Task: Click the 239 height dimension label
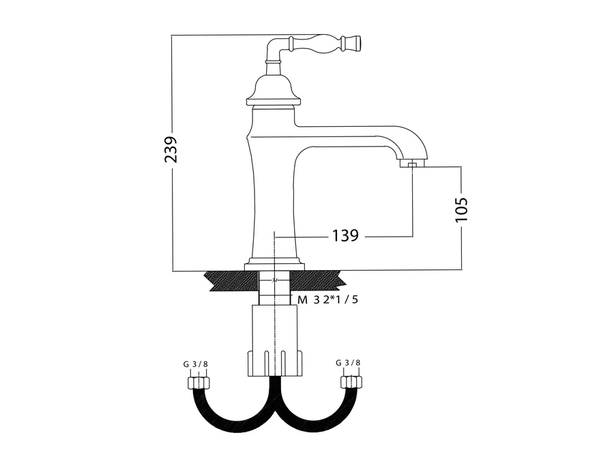click(171, 149)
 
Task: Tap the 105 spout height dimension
click(462, 209)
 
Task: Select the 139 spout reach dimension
click(345, 236)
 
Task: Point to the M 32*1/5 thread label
click(327, 300)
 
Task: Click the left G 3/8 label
click(195, 364)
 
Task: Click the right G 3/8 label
click(348, 362)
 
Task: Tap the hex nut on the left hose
click(199, 383)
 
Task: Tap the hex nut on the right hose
click(351, 382)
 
